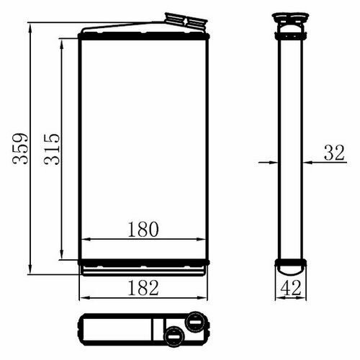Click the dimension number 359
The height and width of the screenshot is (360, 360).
[20, 148]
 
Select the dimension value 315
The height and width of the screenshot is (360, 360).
[52, 149]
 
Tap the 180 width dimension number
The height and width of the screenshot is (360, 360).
[143, 230]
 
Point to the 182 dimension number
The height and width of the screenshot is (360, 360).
[143, 288]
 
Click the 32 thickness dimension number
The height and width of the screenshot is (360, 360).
[334, 153]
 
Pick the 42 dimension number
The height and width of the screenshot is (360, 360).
[291, 288]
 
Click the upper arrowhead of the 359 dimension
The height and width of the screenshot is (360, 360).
[30, 28]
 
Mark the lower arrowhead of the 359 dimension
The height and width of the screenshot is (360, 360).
[30, 269]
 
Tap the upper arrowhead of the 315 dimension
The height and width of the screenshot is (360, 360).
[62, 45]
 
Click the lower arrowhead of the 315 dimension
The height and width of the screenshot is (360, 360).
[62, 254]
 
